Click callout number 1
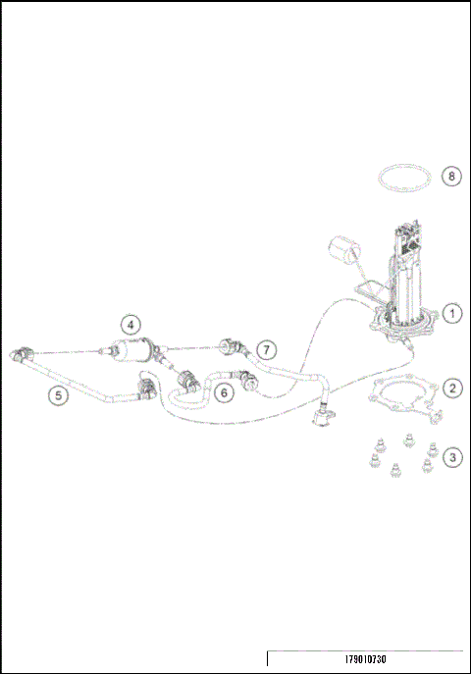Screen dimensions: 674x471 (x=451, y=314)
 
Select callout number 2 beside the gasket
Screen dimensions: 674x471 (x=451, y=388)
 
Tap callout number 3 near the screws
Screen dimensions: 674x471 (x=451, y=457)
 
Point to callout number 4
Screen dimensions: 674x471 (x=131, y=323)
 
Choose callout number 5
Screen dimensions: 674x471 (x=60, y=395)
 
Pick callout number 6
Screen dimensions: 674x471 (x=224, y=392)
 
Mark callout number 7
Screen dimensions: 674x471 (x=268, y=350)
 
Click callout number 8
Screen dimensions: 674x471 (x=450, y=177)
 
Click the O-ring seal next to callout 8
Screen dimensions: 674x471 (x=404, y=180)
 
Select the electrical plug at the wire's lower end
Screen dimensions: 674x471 (x=320, y=419)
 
